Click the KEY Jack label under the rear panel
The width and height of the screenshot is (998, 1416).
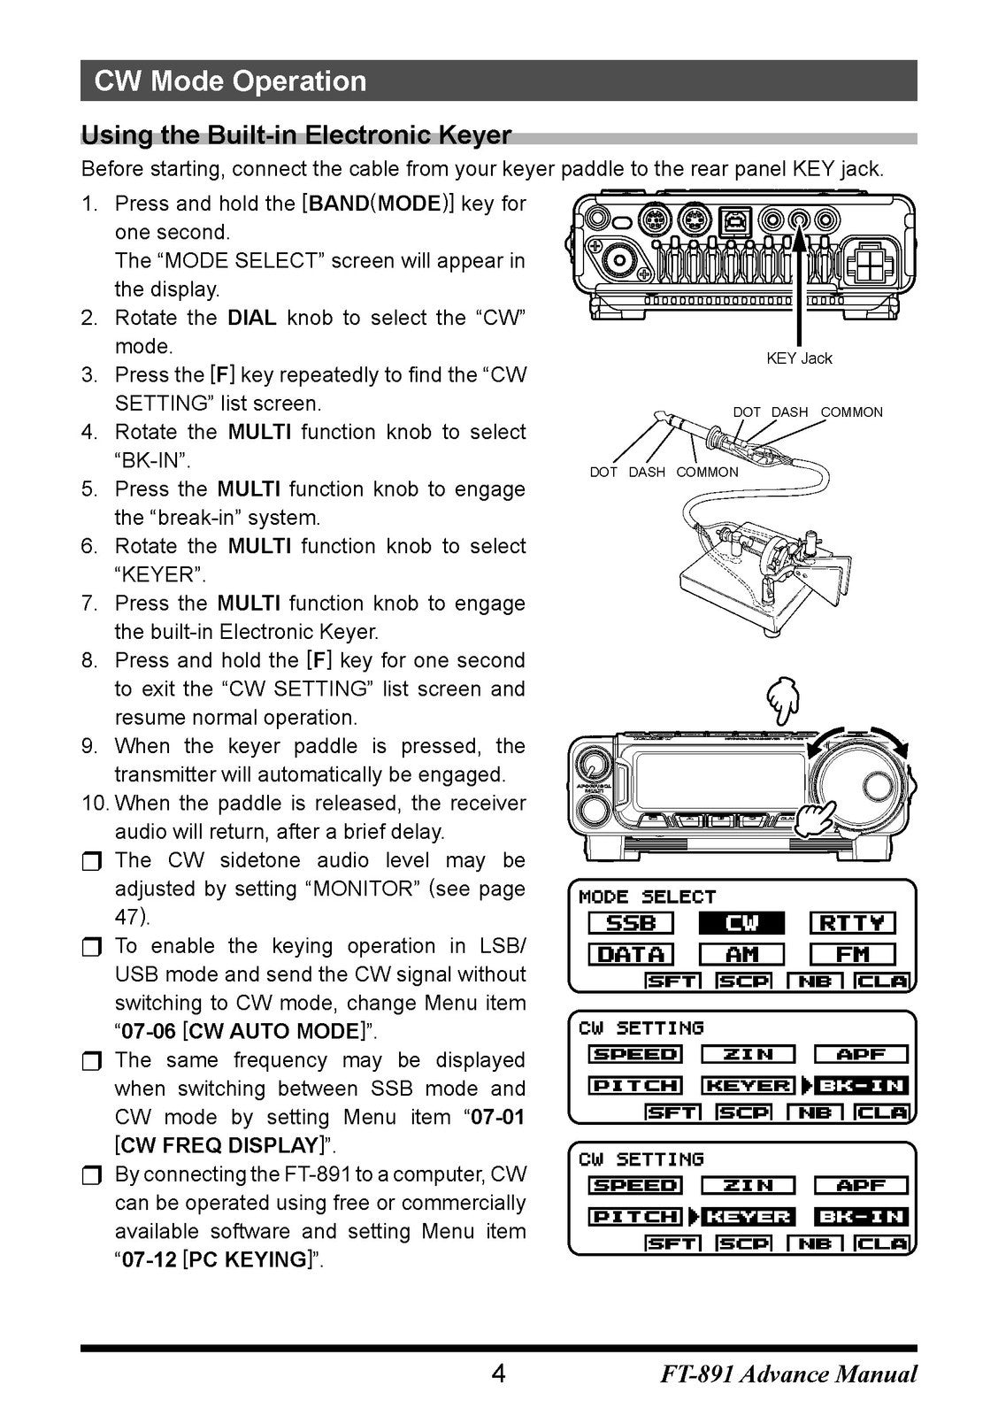click(798, 358)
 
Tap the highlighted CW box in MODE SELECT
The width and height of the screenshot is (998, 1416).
click(741, 924)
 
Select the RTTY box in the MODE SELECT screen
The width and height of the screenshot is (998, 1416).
click(852, 924)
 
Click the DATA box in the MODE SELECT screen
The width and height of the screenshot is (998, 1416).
click(631, 955)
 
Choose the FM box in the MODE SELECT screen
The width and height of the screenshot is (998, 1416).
click(852, 955)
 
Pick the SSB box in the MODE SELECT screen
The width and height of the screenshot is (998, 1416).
click(631, 924)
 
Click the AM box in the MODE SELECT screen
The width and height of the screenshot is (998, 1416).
click(741, 955)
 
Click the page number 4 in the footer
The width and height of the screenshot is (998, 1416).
click(498, 1374)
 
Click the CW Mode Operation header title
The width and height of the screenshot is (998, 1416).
click(230, 81)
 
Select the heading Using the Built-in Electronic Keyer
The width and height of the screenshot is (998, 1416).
click(296, 135)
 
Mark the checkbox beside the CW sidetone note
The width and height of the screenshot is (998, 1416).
click(92, 862)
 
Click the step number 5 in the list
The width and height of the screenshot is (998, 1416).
click(88, 489)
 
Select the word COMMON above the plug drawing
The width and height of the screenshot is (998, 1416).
click(851, 412)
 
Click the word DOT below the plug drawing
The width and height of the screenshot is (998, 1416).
click(603, 473)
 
